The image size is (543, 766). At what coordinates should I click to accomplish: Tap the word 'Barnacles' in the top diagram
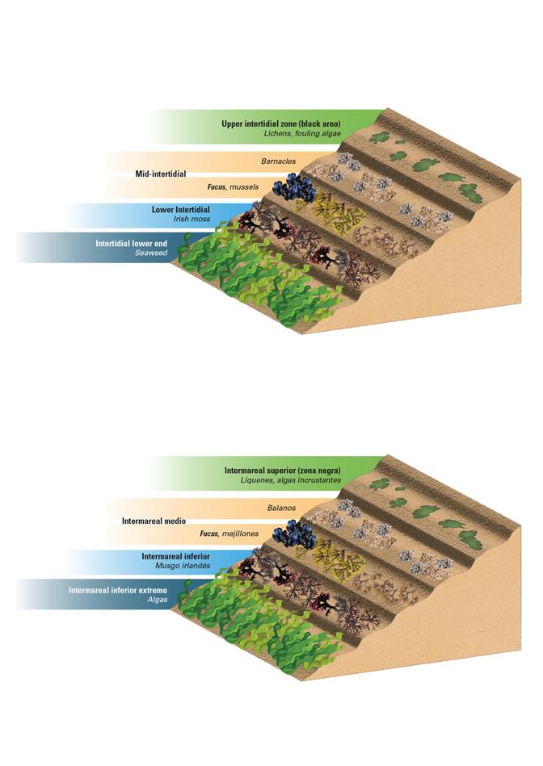coord(278,161)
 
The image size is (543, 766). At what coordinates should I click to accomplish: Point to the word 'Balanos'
coord(282,509)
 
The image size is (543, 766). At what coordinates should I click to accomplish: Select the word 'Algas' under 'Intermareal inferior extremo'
coord(157,601)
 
